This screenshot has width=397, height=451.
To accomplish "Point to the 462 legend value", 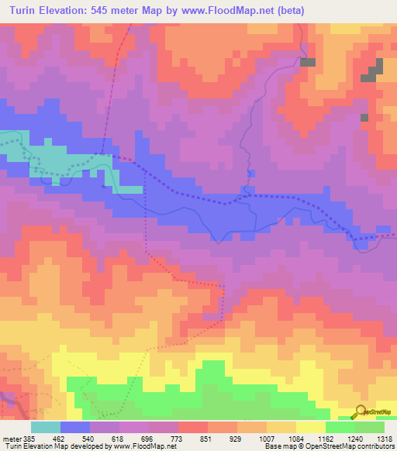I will pos(70,438).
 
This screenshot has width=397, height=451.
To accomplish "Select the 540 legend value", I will pos(100,438).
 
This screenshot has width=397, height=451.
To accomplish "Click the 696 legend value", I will pos(159,438).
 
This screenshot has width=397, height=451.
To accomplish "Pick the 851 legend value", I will pos(219,438).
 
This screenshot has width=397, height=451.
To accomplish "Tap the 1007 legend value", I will pos(279,438).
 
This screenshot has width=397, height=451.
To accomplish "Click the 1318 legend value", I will pos(385,438).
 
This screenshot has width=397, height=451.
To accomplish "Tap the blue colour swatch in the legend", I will pos(75,427).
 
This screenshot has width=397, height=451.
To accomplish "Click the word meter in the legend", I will pos(9,438).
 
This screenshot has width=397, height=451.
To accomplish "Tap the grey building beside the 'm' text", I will pos(309,62).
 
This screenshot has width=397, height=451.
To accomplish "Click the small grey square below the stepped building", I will pos(364,118).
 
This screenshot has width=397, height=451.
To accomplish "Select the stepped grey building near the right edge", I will pos(374,71).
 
